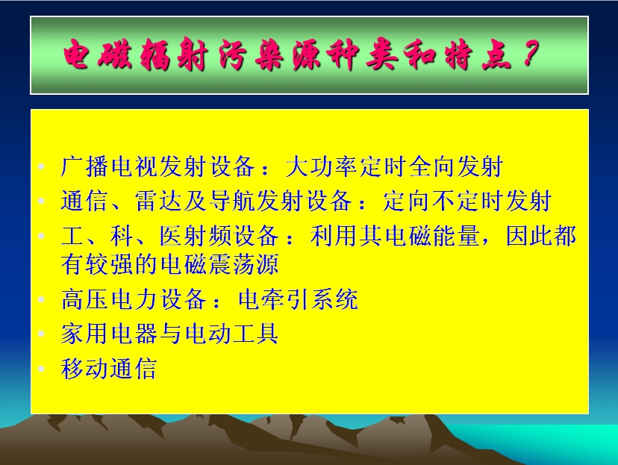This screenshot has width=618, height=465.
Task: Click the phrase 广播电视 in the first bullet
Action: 109,166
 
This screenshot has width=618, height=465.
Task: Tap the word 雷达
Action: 158,201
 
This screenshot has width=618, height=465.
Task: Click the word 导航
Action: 231,201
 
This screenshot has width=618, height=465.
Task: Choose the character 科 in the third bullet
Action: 122,236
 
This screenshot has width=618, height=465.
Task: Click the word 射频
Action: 207,236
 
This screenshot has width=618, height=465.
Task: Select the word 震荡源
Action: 243,264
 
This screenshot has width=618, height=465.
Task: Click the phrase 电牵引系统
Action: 299,299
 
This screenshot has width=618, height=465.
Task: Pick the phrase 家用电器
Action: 109,334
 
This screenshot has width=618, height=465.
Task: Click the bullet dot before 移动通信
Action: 41,369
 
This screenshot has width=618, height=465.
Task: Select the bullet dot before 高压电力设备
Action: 41,299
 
